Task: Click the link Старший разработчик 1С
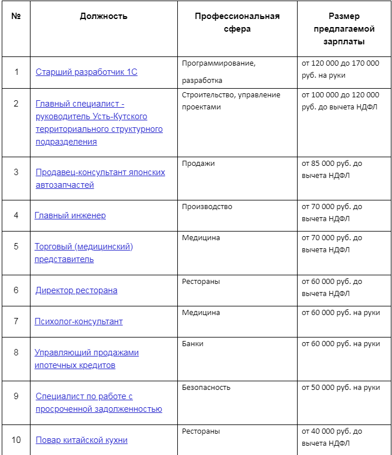click(x=86, y=72)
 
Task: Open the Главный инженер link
click(x=70, y=215)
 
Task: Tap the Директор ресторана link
click(x=77, y=290)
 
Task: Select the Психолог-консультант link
click(x=79, y=321)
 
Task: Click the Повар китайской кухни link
click(x=82, y=440)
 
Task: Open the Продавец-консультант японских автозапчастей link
click(x=100, y=179)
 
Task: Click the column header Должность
click(x=104, y=16)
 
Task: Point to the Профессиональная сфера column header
click(x=237, y=22)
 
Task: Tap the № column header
click(x=16, y=16)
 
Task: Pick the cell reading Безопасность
click(x=206, y=388)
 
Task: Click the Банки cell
click(x=193, y=344)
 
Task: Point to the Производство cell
click(x=207, y=207)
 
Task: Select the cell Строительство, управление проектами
click(x=231, y=101)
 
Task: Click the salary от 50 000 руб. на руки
click(x=341, y=388)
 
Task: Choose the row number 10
click(x=16, y=440)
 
